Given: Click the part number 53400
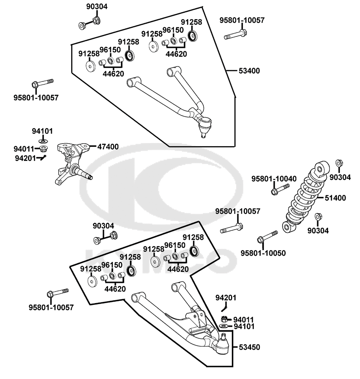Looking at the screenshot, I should [x=249, y=71].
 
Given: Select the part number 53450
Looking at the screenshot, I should [x=249, y=347].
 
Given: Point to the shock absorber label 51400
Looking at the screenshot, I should [x=335, y=198].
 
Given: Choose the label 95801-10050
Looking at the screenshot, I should [x=263, y=253].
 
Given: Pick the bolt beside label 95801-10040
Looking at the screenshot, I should [x=279, y=189].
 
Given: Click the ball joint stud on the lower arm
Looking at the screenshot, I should [x=223, y=338].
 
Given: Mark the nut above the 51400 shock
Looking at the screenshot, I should [x=339, y=163].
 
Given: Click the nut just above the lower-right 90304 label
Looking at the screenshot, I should [x=318, y=217].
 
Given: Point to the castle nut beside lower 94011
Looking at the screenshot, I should [x=224, y=319].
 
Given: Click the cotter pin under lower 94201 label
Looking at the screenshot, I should [x=224, y=307].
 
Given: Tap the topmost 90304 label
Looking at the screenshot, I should [x=96, y=6].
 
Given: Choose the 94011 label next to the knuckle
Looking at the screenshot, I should [x=24, y=149].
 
